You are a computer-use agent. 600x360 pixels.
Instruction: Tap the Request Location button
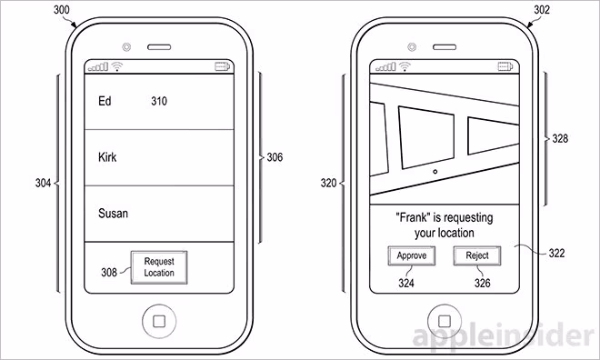point(159,267)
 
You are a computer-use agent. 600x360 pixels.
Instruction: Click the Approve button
point(411,255)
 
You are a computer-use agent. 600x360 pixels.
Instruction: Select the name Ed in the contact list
point(105,101)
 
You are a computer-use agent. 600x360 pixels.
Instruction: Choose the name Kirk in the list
point(107,157)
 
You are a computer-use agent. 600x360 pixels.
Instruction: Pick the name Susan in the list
point(113,213)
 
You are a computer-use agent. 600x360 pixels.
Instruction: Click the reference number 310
point(159,101)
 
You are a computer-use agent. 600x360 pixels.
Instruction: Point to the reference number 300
point(61,10)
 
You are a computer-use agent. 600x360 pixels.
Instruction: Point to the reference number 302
point(542,10)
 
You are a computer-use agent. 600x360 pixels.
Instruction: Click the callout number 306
point(275,157)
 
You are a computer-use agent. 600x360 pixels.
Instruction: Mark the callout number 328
point(560,138)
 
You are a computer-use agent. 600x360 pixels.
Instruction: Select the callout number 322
point(556,253)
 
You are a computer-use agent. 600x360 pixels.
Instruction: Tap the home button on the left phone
point(159,321)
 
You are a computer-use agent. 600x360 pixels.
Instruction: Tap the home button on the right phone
point(445,321)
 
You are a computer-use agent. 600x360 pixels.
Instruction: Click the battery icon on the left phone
point(223,67)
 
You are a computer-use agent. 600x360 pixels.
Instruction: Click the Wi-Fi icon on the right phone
point(405,67)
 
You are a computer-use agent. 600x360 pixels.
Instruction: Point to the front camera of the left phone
point(126,47)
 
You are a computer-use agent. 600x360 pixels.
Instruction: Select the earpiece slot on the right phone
point(445,47)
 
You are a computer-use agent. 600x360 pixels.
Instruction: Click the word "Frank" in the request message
point(413,217)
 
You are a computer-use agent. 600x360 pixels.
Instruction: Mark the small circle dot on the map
point(435,172)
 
